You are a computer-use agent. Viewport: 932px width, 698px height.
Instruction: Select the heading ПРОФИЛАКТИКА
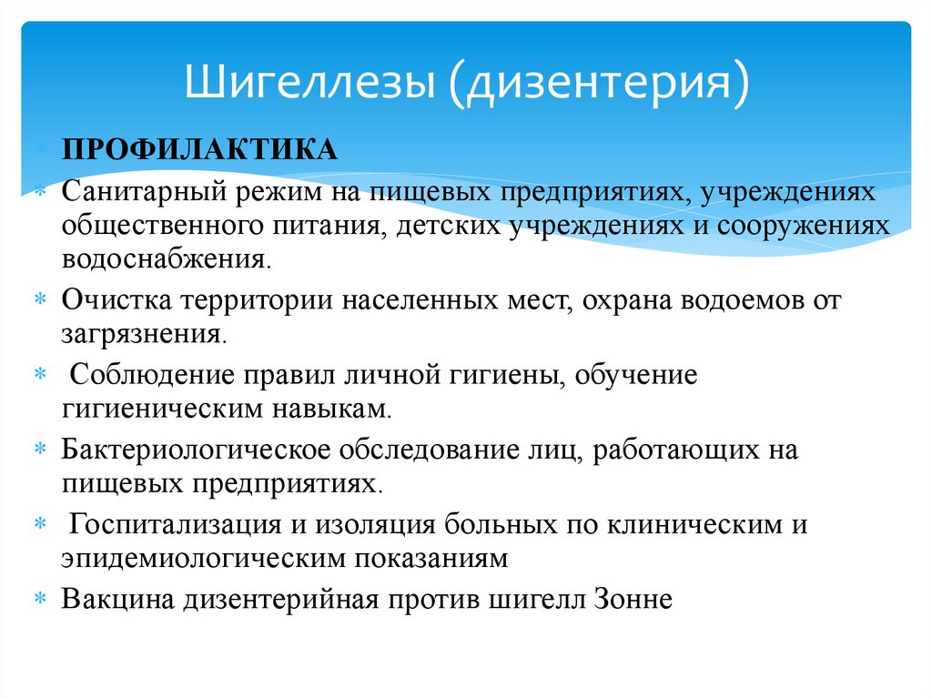click(x=199, y=149)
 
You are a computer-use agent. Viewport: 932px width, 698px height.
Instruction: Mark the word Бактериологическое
click(x=199, y=450)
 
